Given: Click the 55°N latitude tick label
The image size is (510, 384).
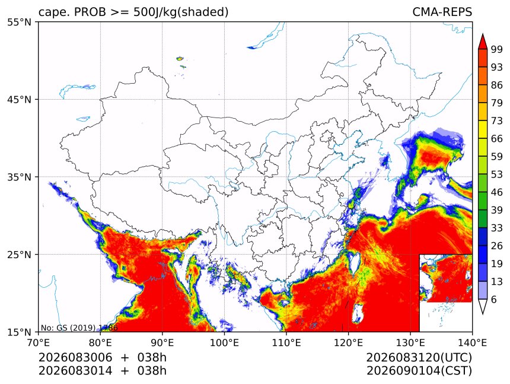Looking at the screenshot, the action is point(19,23).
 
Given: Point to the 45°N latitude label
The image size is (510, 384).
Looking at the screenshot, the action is point(19,100).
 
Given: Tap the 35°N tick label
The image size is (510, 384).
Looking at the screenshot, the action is point(19,177).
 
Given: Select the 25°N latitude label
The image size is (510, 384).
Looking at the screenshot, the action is point(19,255).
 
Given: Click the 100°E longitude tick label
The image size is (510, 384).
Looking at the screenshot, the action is point(224,342).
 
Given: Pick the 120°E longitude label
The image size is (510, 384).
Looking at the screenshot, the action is point(348,342).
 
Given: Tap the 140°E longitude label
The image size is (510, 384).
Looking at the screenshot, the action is point(472,342).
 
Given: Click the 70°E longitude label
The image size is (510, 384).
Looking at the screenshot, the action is point(39,342).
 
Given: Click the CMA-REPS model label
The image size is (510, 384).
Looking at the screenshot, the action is point(442,12).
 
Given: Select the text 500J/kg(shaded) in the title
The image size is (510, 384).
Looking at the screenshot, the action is point(181,12).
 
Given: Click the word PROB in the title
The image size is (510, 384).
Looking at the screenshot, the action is point(90,12).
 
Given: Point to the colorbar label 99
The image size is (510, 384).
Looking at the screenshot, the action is point(497,49).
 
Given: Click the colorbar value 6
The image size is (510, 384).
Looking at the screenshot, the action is point(494,299).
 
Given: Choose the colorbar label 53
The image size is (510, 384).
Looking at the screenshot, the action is point(497,174).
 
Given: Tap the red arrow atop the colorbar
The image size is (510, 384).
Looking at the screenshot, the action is point(483,42).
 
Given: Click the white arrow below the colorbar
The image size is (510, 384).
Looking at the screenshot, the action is point(483,307).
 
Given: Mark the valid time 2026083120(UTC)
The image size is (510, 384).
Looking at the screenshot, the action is point(419,358).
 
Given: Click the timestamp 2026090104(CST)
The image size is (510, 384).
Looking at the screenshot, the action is point(419,371).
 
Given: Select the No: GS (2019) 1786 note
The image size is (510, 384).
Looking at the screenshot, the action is point(79,328).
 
